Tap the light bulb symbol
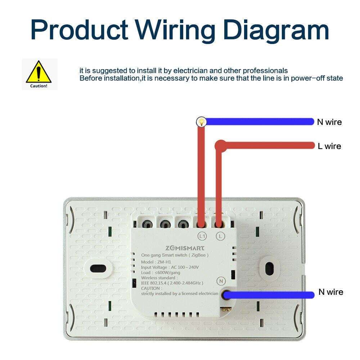tap(201, 122)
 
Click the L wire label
tap(329, 146)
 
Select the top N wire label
tap(329, 122)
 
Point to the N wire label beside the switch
tap(330, 292)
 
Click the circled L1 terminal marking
tap(202, 236)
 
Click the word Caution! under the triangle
tap(39, 86)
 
